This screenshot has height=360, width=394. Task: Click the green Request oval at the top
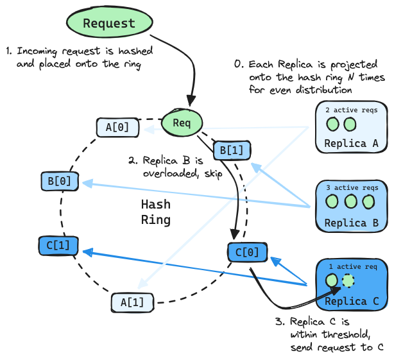pyautogui.click(x=109, y=24)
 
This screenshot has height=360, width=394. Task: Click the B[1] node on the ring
pyautogui.click(x=232, y=150)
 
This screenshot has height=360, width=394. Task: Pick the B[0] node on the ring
pyautogui.click(x=59, y=182)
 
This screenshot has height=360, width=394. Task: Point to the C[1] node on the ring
pyautogui.click(x=58, y=244)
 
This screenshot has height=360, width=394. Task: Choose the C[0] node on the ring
pyautogui.click(x=246, y=252)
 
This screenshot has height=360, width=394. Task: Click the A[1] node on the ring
pyautogui.click(x=128, y=301)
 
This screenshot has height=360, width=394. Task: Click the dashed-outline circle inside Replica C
pyautogui.click(x=348, y=281)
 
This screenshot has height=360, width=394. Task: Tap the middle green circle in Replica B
pyautogui.click(x=350, y=202)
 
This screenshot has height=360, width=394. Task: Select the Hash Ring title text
pyautogui.click(x=155, y=212)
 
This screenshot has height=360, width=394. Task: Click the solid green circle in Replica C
pyautogui.click(x=332, y=280)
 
